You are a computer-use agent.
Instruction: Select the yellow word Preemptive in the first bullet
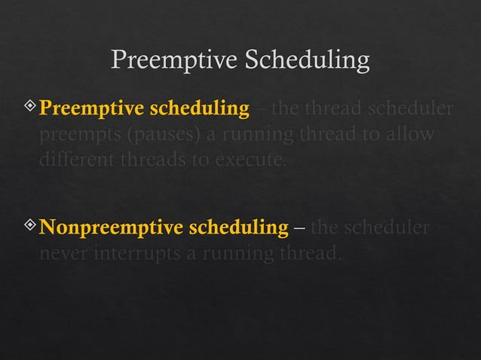[90, 110]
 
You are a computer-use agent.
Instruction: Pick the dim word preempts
[75, 136]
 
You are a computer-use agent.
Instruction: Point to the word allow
[414, 136]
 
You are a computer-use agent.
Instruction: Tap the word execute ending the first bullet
[253, 161]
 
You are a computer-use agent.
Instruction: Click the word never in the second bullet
[63, 253]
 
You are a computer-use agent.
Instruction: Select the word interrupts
[138, 253]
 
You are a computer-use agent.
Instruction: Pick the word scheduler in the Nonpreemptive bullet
[388, 227]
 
